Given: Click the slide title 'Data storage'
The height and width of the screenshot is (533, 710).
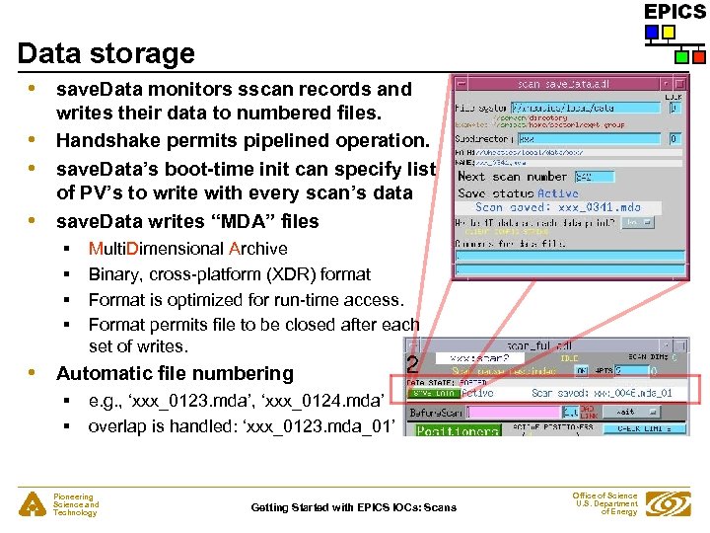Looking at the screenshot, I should tap(106, 52).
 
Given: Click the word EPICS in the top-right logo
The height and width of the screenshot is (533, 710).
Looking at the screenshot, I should tap(674, 12).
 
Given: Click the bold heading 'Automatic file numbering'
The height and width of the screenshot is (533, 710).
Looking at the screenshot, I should tap(175, 373).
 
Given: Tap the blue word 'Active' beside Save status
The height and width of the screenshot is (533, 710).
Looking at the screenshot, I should tap(558, 192).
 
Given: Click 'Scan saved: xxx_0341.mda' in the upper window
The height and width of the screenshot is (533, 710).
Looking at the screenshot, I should tap(558, 207).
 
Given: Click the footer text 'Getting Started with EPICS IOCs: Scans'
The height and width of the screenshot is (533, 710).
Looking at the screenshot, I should tap(354, 507).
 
